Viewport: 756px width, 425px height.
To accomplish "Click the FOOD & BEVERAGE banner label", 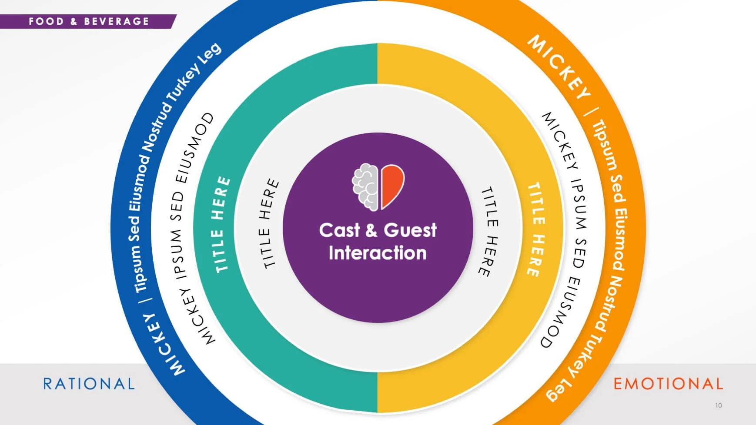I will pyautogui.click(x=89, y=21).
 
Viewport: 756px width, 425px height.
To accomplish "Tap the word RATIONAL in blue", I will pyautogui.click(x=89, y=384).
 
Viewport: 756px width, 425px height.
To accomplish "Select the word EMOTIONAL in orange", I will pyautogui.click(x=668, y=384).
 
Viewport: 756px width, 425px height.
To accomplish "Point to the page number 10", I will pyautogui.click(x=718, y=405).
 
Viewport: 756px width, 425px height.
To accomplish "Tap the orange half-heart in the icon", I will pyautogui.click(x=392, y=185).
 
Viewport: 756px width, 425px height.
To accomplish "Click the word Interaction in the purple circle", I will pyautogui.click(x=378, y=253).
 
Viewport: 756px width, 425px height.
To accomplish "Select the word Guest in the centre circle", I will pyautogui.click(x=410, y=230).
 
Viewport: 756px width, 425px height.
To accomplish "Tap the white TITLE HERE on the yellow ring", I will pyautogui.click(x=536, y=229).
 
